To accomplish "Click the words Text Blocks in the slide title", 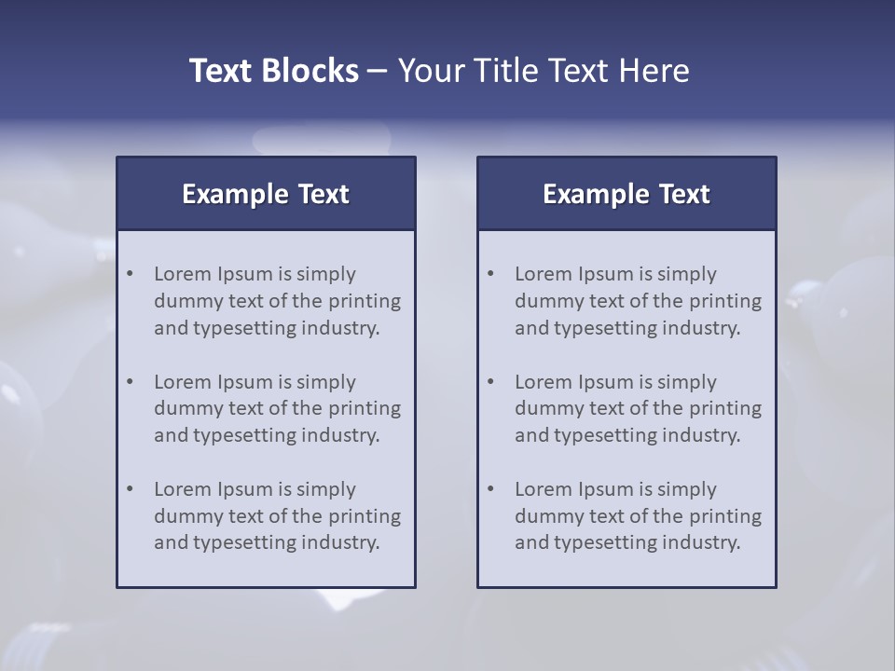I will [273, 71].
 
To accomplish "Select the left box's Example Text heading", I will [266, 194].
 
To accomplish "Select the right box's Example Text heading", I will [626, 194].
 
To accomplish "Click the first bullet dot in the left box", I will [131, 274].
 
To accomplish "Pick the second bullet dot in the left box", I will [131, 382].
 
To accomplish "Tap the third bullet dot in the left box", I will [131, 489].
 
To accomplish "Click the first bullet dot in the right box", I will [491, 274].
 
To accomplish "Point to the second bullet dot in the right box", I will [491, 382].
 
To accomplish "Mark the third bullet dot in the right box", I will [491, 489].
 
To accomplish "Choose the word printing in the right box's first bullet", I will [724, 301].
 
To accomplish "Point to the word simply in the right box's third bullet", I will [686, 489].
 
